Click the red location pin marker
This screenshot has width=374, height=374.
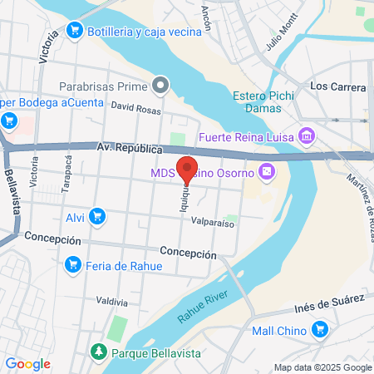188,167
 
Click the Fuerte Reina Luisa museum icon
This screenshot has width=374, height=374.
306,135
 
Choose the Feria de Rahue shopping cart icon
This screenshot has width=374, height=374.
72,265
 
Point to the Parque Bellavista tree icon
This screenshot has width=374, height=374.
99,352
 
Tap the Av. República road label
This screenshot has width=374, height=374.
128,148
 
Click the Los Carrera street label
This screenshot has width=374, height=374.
337,86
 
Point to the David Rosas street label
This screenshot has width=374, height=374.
135,107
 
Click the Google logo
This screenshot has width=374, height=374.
27,363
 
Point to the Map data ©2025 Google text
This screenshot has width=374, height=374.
322,367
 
